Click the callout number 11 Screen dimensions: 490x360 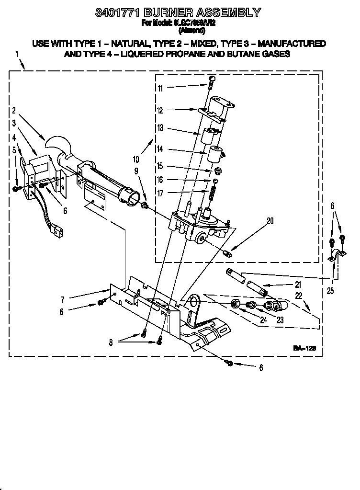click(160, 88)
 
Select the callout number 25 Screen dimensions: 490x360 click(330, 290)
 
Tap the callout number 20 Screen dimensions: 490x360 click(270, 221)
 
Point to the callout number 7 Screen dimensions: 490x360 click(62, 300)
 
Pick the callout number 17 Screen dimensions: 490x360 click(160, 193)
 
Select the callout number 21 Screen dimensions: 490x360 click(298, 285)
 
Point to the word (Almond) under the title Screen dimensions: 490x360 click(191, 31)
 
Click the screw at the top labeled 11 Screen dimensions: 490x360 click(211, 82)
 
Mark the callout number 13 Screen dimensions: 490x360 click(160, 127)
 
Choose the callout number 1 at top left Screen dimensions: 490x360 click(17, 55)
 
